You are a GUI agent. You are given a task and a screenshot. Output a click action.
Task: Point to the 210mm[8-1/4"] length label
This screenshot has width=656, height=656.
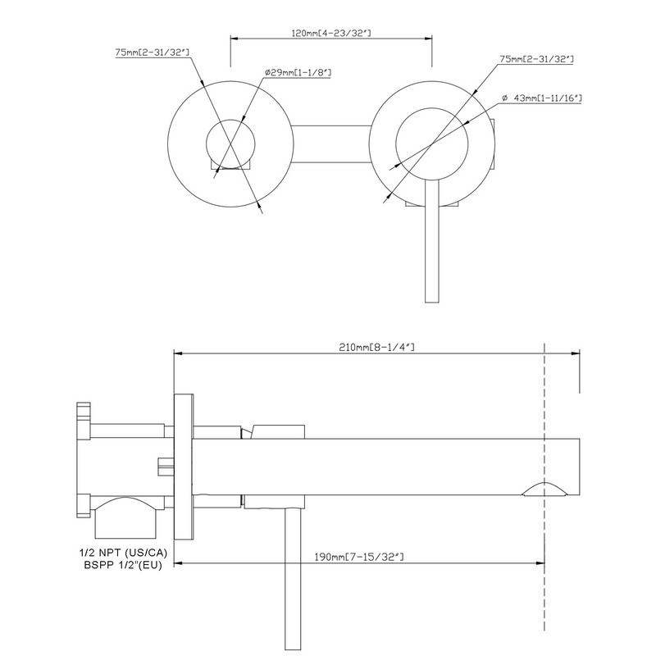coord(376,348)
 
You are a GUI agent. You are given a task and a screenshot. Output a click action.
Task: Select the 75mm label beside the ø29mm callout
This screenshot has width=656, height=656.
coord(153,53)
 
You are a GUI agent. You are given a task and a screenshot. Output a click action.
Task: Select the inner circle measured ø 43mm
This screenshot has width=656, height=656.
coord(432,142)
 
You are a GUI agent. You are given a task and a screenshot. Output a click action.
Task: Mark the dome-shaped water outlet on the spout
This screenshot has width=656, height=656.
coord(544,490)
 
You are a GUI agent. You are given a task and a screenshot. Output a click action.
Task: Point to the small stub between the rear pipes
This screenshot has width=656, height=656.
coord(165,465)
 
